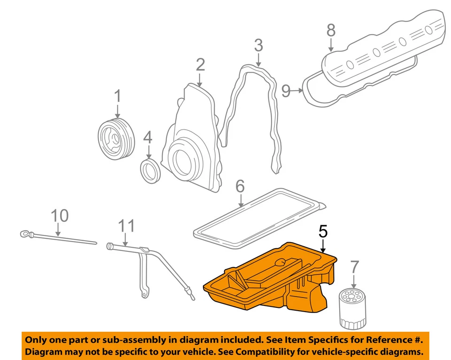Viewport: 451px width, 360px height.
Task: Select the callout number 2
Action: point(201,65)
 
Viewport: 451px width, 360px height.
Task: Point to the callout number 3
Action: point(258,46)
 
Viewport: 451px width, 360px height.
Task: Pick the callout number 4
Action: point(148,137)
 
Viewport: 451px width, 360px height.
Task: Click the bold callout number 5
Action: point(323,231)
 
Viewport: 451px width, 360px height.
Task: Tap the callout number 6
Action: point(240,187)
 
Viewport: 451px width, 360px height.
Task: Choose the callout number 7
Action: point(355,268)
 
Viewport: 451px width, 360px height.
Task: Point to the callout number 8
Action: point(331,31)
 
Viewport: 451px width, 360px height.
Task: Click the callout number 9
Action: point(287,91)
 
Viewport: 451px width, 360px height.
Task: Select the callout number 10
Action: point(60,216)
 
